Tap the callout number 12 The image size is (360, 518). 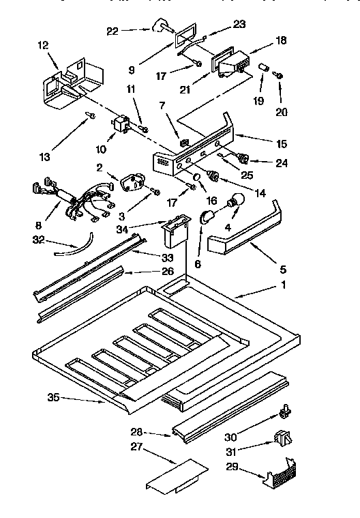[43, 45]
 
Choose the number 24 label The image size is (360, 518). [282, 162]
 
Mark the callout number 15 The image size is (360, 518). [282, 144]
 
